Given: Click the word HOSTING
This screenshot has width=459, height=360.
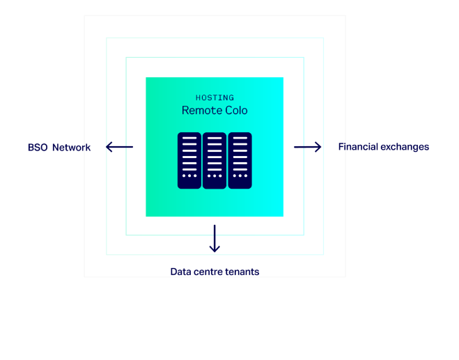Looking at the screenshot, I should (x=215, y=98).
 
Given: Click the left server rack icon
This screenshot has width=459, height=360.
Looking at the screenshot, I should (x=189, y=160).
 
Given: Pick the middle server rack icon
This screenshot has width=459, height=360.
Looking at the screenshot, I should (x=215, y=160).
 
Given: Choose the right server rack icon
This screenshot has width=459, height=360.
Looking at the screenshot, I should (x=240, y=160).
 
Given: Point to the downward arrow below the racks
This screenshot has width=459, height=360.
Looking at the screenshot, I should (x=215, y=240).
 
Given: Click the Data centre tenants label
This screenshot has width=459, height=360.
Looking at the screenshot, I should (x=215, y=272).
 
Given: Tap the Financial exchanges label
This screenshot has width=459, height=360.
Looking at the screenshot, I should (x=383, y=147).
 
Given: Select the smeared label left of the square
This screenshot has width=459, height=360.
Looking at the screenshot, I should (x=59, y=148).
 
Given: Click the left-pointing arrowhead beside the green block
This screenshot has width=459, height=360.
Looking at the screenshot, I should (x=109, y=146).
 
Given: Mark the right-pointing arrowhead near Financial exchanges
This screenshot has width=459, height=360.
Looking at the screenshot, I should (x=318, y=146).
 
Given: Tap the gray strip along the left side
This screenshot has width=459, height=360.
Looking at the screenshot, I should (x=95, y=139).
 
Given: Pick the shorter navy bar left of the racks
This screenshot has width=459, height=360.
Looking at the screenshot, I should (x=136, y=190).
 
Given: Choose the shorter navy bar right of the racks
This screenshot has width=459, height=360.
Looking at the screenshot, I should (x=298, y=190).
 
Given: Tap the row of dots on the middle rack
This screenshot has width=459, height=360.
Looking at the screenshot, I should (x=215, y=175).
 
